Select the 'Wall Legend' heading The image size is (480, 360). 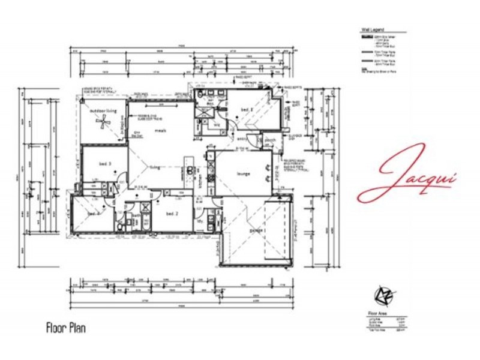(x=373, y=28)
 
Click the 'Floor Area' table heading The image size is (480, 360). (x=376, y=313)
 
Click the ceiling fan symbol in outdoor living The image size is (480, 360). (x=104, y=123)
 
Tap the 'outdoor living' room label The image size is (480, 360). (x=102, y=111)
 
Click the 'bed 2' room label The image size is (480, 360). (x=173, y=214)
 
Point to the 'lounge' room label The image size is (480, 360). (x=243, y=174)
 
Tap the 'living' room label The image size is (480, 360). (x=155, y=168)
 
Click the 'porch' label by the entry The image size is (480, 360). (x=269, y=142)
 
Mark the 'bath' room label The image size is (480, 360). (x=136, y=215)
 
